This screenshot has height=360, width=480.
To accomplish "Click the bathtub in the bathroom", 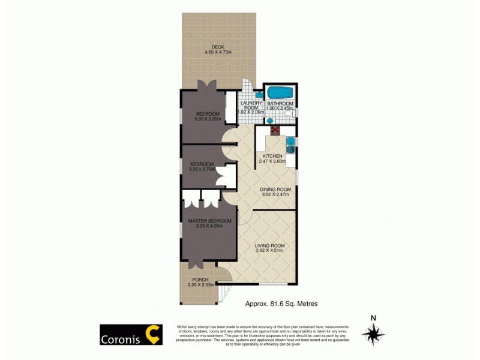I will pos(280,94).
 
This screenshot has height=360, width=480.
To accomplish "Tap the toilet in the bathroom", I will pos(289,113).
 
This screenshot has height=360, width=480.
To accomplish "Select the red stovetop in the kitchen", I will pos(275,129).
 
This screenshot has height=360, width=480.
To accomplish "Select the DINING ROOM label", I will pos(275,189).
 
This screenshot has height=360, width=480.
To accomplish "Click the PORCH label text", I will pos(200,280).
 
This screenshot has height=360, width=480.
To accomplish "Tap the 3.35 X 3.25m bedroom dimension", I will pos(207,119).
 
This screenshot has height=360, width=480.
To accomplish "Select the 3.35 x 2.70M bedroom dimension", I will pos(202,169).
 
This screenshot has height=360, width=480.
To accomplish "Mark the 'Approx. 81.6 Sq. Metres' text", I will pos(279,304).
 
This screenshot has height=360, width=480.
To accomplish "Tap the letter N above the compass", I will pos(373,318).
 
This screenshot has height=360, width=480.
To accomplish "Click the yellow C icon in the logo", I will pos(154,335).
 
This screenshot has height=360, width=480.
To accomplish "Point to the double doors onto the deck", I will pos(208,86).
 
